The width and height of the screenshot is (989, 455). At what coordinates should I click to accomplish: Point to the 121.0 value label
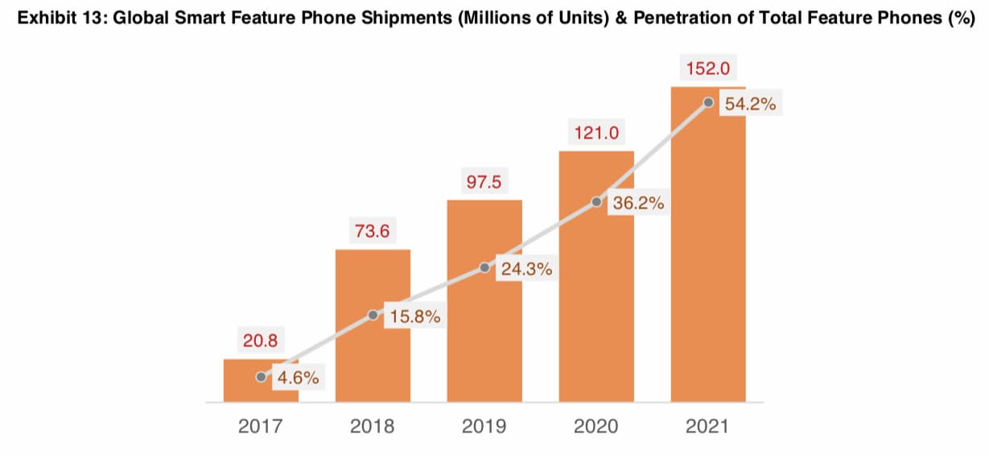click(596, 133)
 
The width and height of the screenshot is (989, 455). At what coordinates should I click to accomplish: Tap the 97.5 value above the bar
click(484, 182)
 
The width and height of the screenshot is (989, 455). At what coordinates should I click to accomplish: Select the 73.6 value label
click(373, 232)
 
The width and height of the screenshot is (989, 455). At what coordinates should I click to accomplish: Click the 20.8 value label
click(261, 341)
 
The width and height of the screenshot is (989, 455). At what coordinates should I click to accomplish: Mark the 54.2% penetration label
click(750, 104)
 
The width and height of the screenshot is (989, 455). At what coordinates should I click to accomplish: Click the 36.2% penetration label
click(638, 204)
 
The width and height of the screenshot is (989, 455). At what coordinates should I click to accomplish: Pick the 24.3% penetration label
click(526, 269)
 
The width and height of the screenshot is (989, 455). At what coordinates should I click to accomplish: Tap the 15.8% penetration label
click(414, 316)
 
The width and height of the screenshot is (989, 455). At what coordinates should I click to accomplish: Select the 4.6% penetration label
click(298, 378)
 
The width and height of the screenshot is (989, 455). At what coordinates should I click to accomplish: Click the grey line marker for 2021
click(708, 103)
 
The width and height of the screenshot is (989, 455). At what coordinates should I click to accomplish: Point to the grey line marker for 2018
click(373, 316)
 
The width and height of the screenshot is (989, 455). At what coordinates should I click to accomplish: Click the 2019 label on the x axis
click(484, 426)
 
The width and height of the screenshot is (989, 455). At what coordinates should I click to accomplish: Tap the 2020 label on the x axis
click(596, 426)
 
